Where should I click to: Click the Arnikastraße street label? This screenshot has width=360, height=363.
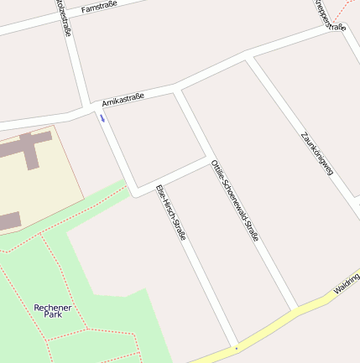click(x=123, y=100)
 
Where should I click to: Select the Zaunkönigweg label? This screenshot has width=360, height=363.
click(x=317, y=153)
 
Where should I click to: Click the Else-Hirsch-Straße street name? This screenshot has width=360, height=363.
click(x=170, y=211)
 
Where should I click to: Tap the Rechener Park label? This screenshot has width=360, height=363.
click(x=53, y=310)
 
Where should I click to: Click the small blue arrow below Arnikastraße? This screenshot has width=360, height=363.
click(x=103, y=117)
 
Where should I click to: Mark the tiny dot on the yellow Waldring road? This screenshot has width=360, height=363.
click(x=237, y=346)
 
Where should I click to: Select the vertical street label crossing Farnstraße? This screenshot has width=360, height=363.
click(x=63, y=17)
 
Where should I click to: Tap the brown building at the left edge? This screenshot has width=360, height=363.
click(x=8, y=221)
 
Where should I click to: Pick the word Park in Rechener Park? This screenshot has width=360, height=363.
click(x=53, y=315)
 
